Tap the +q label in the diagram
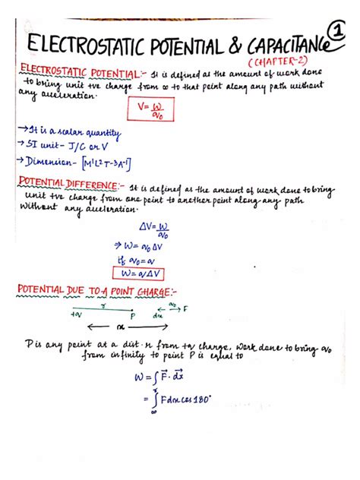click(x=75, y=313)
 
